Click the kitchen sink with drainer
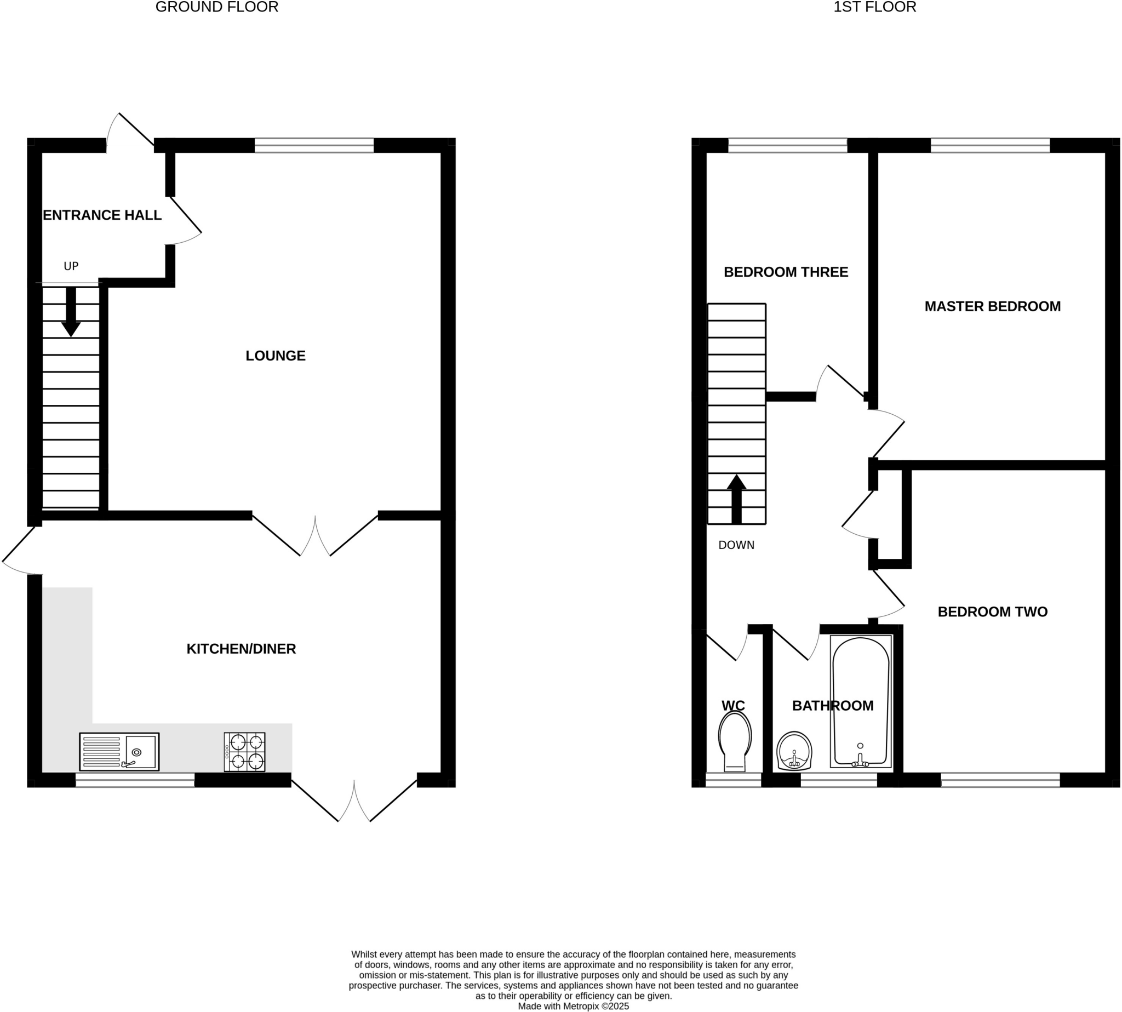click(x=119, y=752)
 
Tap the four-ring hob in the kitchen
click(x=244, y=752)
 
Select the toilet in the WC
click(x=735, y=742)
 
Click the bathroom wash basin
click(x=794, y=751)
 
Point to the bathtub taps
click(x=860, y=759)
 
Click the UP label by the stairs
click(x=71, y=266)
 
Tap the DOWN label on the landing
click(x=736, y=545)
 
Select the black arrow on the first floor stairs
click(x=736, y=499)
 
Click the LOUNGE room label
click(x=275, y=356)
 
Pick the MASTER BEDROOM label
click(x=992, y=306)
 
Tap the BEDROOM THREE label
click(x=785, y=272)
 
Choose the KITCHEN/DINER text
click(x=241, y=649)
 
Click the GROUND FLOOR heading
click(x=217, y=7)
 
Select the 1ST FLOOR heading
click(x=874, y=7)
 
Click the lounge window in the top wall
click(x=314, y=146)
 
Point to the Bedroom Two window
click(x=1000, y=780)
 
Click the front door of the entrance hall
click(x=130, y=133)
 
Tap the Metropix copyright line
click(x=573, y=1006)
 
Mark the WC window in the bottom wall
click(x=733, y=780)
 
